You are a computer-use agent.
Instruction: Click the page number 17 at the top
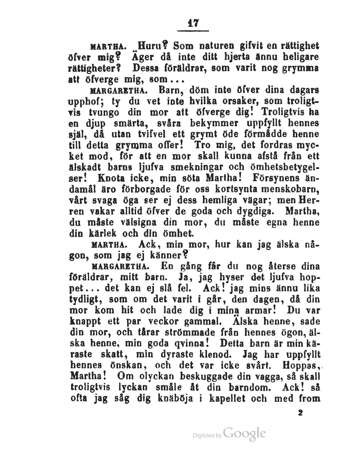193,23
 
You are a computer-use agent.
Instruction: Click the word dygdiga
255,211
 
